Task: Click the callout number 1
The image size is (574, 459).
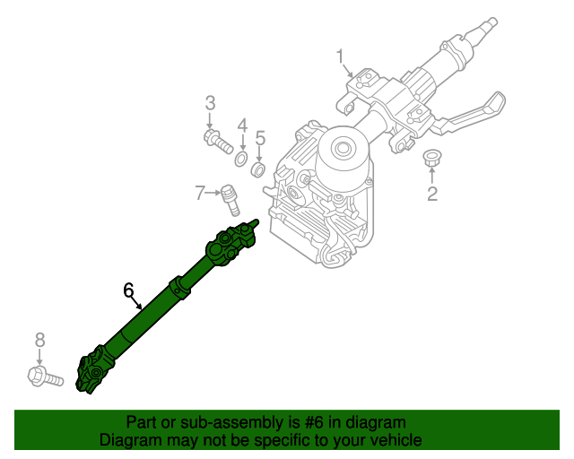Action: point(341,58)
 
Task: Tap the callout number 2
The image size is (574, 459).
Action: point(431,194)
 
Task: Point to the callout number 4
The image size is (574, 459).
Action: point(241,125)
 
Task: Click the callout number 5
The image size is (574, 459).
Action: point(260,138)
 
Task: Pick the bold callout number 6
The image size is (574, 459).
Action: point(129,290)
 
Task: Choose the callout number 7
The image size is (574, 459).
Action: point(199,191)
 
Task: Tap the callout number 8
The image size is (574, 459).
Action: point(39,339)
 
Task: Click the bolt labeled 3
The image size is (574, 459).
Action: point(217,141)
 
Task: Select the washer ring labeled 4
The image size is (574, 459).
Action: point(241,160)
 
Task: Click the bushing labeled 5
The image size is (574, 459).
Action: point(258,170)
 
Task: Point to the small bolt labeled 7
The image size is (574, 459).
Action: point(230,198)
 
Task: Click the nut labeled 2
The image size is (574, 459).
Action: point(431,160)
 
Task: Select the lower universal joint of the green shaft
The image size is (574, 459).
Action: point(94,372)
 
